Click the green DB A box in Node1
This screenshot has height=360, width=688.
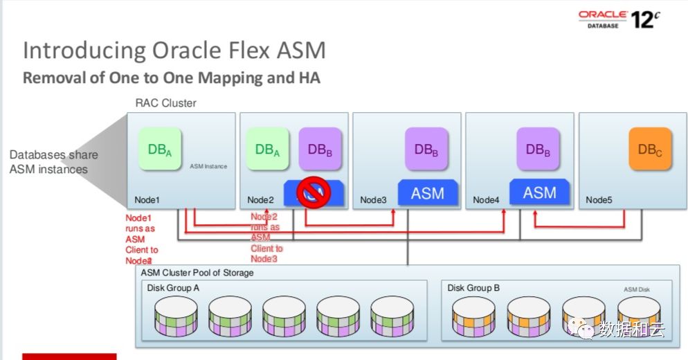(x=160, y=149)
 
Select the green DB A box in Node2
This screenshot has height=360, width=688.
(x=267, y=149)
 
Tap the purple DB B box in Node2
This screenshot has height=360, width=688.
(x=320, y=149)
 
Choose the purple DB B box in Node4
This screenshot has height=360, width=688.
(x=538, y=149)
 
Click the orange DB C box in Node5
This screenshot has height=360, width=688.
(x=650, y=149)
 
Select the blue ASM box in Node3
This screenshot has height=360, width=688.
(x=428, y=193)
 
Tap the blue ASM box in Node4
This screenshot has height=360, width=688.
(x=540, y=192)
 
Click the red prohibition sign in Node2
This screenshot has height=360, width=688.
(x=312, y=192)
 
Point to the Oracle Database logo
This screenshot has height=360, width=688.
(x=603, y=19)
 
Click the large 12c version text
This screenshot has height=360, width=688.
(x=644, y=19)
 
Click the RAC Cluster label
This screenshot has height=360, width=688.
(x=166, y=103)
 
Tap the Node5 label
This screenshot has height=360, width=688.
(x=599, y=201)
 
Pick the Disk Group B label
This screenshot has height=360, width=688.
(x=473, y=287)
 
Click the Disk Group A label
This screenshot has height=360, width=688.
(x=174, y=287)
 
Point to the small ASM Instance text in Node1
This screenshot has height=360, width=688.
(x=208, y=167)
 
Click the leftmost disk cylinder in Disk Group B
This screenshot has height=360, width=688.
(x=474, y=316)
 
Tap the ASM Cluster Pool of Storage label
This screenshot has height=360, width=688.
(x=197, y=273)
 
